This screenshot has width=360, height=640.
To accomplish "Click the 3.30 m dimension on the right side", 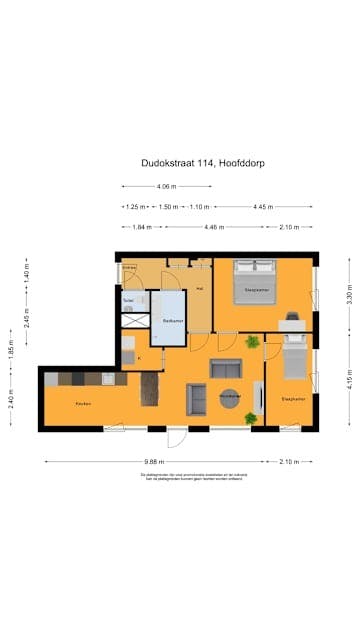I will pyautogui.click(x=349, y=296).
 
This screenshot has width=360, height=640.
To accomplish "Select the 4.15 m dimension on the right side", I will pyautogui.click(x=349, y=382).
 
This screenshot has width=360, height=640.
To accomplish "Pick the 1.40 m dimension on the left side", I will pyautogui.click(x=14, y=271).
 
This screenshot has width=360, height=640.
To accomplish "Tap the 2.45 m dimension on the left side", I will pyautogui.click(x=14, y=316).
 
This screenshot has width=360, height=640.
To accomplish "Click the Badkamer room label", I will pyautogui.click(x=171, y=319).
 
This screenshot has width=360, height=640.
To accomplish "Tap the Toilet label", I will pyautogui.click(x=129, y=300).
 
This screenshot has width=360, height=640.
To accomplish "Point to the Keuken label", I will pyautogui.click(x=83, y=403).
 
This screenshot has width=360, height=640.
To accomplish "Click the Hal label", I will pyautogui.click(x=200, y=289).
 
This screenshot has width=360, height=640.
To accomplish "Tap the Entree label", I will pyautogui.click(x=129, y=268).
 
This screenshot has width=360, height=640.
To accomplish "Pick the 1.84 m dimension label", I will pyautogui.click(x=140, y=227).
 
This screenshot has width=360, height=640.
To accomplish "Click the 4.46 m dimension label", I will pyautogui.click(x=212, y=227).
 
